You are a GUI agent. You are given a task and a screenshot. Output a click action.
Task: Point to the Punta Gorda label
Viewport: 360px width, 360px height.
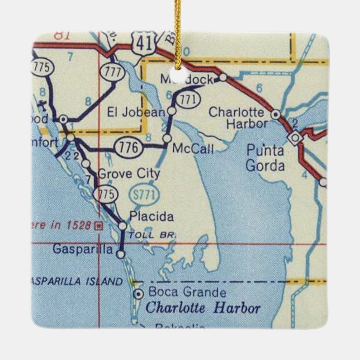265,157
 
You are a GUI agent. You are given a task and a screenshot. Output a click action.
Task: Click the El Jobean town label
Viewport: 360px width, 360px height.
136,112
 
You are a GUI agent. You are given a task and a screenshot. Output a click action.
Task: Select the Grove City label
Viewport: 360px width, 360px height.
129,174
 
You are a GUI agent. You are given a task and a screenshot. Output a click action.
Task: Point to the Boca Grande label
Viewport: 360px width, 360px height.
180,292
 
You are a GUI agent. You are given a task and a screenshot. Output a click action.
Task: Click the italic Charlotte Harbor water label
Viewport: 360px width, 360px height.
203,308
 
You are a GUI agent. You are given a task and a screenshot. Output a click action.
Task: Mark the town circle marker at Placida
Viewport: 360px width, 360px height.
123,225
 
